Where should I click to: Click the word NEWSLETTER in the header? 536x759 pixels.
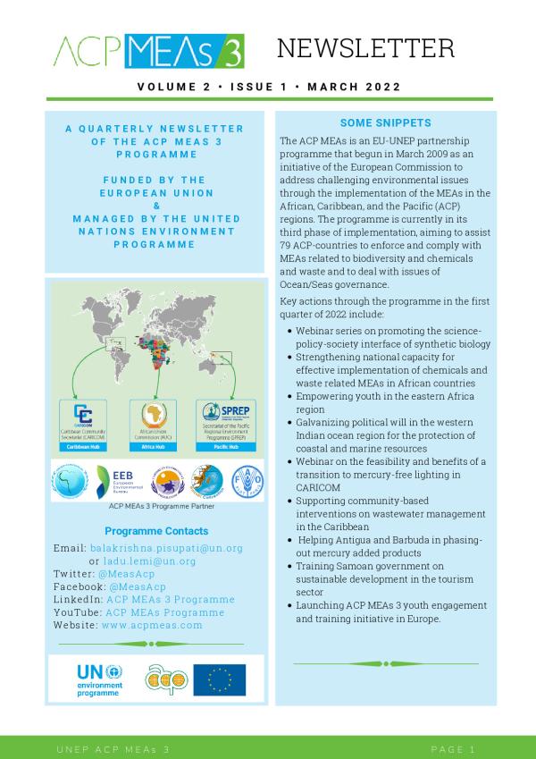(x=364, y=48)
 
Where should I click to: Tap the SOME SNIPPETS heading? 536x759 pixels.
(x=386, y=123)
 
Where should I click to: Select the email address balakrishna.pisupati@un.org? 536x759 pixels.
(x=165, y=547)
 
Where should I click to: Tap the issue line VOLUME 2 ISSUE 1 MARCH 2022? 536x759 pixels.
(x=268, y=87)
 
